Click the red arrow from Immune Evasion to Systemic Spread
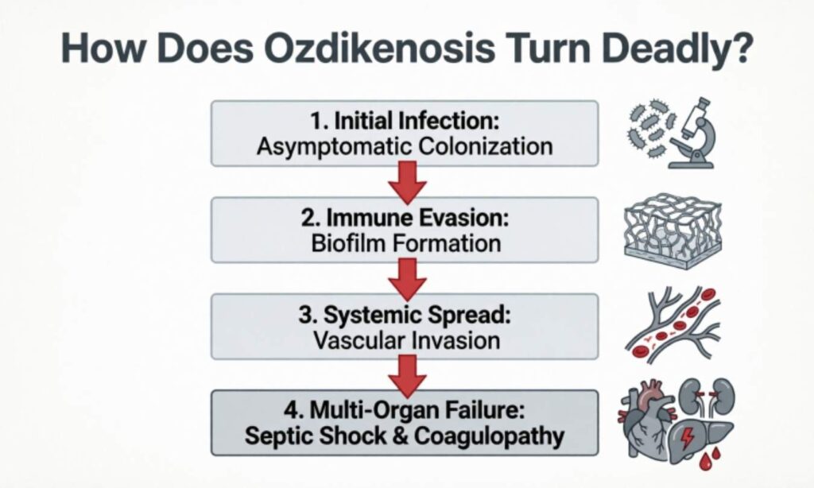(x=406, y=279)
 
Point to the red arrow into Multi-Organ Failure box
(x=406, y=374)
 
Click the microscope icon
(x=694, y=133)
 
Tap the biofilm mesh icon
(x=673, y=230)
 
